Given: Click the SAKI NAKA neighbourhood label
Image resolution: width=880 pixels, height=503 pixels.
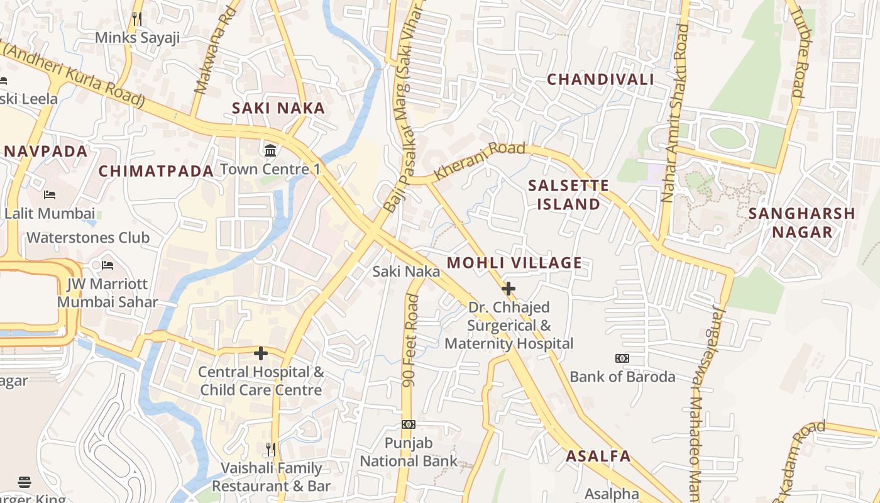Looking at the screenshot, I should coord(278,108).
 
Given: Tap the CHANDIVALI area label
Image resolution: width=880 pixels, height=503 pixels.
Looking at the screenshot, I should coord(600,79).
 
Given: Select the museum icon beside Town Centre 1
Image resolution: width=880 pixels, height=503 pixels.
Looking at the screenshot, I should coord(271,150).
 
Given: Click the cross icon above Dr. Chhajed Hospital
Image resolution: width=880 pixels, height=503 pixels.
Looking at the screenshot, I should coord(509,289).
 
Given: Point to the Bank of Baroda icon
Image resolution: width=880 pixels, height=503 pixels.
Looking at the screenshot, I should coord(622,358).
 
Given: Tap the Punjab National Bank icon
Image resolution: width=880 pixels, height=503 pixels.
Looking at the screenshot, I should coord(409,424).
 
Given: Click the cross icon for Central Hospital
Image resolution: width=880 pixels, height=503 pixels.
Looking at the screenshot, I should coord(261,353).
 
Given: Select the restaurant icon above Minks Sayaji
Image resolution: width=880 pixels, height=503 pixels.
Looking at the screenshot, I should coord(137,19).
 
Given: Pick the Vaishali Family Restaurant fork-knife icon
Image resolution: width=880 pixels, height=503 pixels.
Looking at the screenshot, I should coord(271,449).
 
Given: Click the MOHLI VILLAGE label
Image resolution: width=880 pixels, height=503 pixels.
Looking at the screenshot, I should coord(514,263).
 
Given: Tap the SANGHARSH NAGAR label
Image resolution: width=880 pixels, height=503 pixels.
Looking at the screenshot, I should coord(802,223).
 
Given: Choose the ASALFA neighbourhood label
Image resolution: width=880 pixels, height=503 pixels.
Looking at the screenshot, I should coord(598,456).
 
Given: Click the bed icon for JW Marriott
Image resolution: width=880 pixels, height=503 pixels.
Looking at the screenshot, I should coord(107,265).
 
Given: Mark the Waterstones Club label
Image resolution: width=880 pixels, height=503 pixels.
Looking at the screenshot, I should coord(88,238).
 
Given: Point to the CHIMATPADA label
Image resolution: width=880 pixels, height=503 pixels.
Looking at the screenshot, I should coord(157,171).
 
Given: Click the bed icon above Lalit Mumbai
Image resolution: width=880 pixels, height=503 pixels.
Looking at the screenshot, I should coord(50,195).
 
